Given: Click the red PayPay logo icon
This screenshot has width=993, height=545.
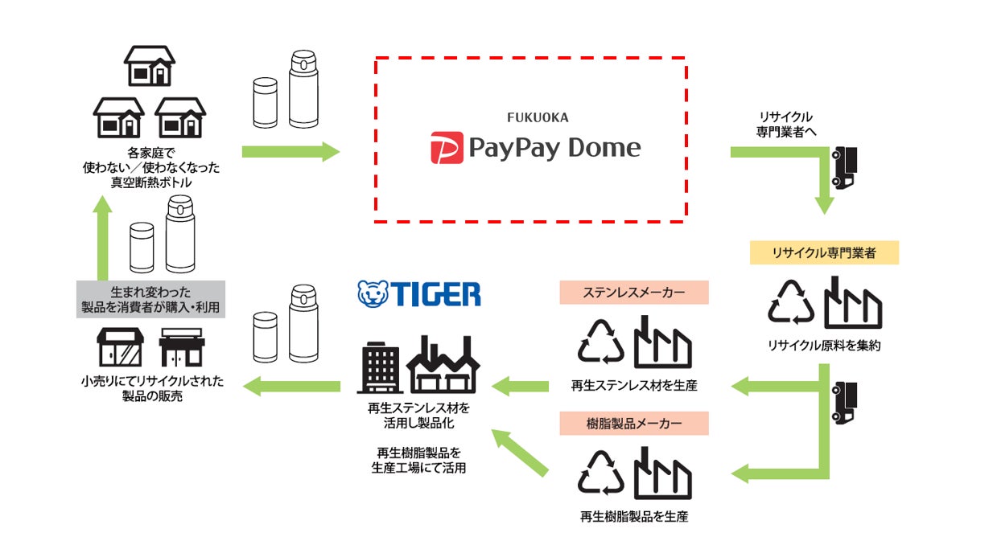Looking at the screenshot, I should pyautogui.click(x=447, y=148).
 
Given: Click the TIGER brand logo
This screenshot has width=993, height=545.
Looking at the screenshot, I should pyautogui.click(x=419, y=293).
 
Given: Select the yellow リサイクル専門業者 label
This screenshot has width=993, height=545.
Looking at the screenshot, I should pyautogui.click(x=823, y=253).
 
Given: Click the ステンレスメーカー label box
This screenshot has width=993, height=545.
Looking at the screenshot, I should pyautogui.click(x=634, y=293).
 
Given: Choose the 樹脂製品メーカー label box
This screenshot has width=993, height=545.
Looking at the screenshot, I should pyautogui.click(x=634, y=423).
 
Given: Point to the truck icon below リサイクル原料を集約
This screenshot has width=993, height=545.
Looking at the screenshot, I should pyautogui.click(x=844, y=402).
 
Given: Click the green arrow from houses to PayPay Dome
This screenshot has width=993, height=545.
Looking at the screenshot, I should pyautogui.click(x=290, y=151).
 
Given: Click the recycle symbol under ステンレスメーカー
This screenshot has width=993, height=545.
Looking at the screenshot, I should pyautogui.click(x=601, y=342).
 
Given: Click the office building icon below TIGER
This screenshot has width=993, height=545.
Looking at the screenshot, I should pyautogui.click(x=378, y=369).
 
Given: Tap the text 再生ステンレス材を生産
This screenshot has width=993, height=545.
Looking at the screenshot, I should pyautogui.click(x=634, y=386).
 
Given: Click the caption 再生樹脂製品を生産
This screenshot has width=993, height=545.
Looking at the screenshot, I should pyautogui.click(x=634, y=517).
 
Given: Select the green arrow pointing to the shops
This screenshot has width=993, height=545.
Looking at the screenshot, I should pyautogui.click(x=291, y=386).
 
